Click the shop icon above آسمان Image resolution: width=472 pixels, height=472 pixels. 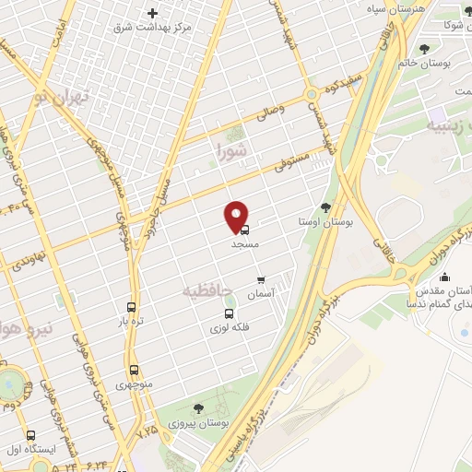(261, 277)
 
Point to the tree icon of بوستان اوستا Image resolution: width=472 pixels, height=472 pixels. (325, 207)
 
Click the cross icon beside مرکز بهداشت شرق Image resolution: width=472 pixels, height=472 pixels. (153, 13)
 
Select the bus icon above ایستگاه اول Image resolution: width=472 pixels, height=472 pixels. (30, 435)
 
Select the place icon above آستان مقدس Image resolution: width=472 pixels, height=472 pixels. (445, 277)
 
